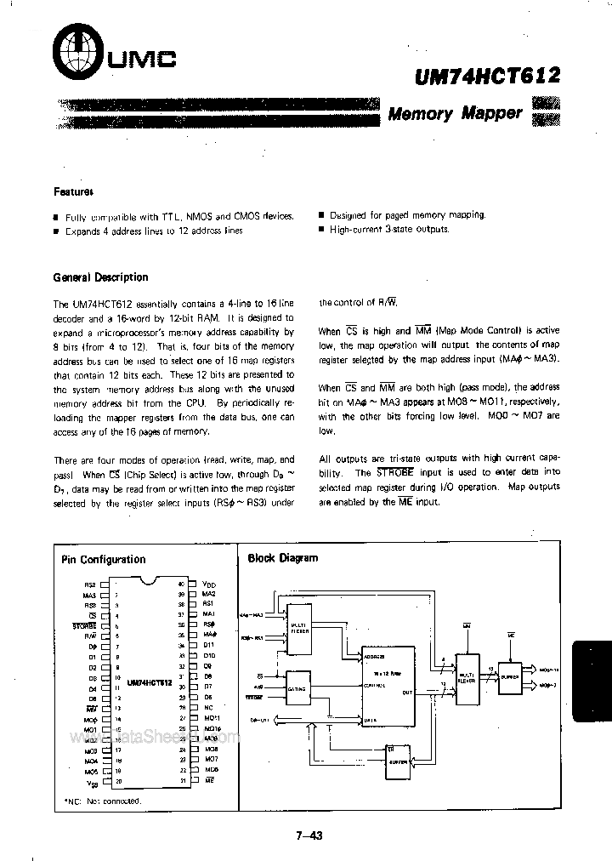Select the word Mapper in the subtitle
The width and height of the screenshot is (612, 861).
491,112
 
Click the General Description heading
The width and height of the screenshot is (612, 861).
100,277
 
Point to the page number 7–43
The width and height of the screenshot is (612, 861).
309,835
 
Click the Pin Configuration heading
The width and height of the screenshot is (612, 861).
104,559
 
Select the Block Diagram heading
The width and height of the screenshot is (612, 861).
282,558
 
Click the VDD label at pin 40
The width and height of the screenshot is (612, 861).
210,584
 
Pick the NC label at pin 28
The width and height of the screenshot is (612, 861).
208,708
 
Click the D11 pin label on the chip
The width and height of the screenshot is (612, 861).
210,646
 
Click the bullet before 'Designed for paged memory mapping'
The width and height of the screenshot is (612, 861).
321,216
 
